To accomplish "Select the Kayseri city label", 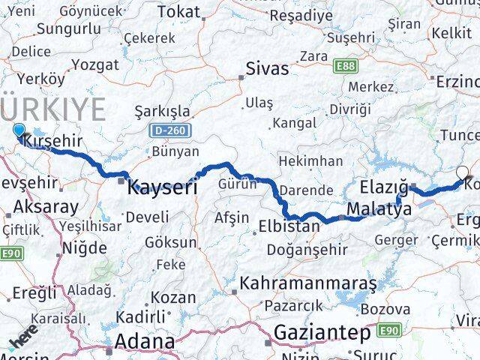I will tap(162, 187).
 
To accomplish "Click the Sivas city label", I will tap(267, 69).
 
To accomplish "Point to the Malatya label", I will tap(379, 209).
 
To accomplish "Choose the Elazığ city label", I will tap(383, 186).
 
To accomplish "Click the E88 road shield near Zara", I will tap(346, 67).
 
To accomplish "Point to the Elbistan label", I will tap(289, 225).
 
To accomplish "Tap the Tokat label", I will tap(179, 12).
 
